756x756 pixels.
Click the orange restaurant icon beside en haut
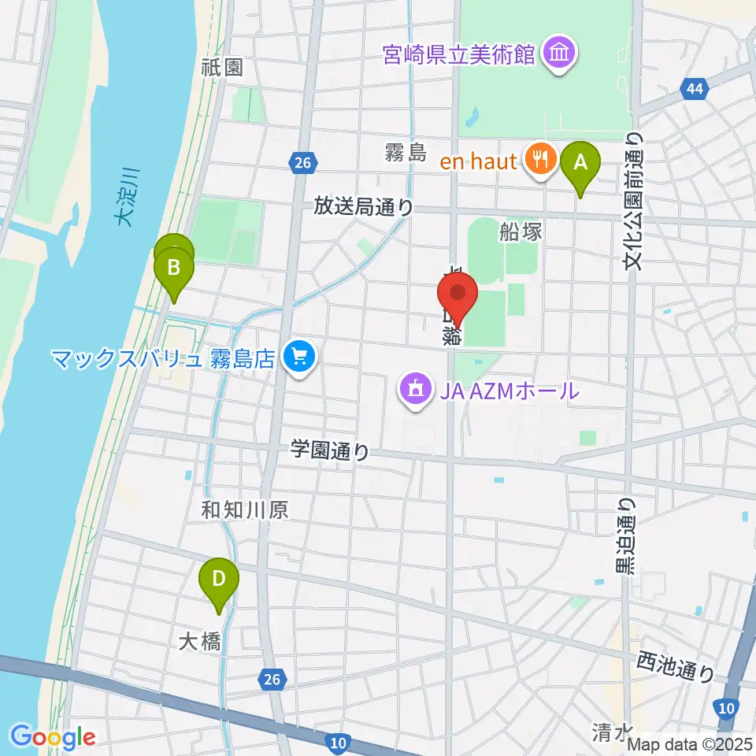539,161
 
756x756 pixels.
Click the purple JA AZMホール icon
415,389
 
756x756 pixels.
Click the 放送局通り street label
363,206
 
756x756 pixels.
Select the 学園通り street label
330,451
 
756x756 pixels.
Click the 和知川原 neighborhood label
244,510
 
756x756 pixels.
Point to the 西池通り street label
676,666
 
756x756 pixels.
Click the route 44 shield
694,90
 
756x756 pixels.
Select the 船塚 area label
518,231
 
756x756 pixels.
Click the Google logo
54,738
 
